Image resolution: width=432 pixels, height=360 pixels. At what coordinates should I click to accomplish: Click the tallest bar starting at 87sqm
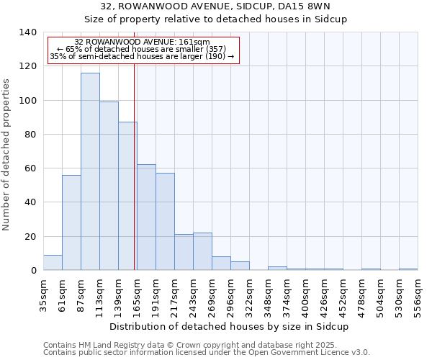click(x=90, y=171)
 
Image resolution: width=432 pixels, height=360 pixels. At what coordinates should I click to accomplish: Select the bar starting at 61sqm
click(x=71, y=222)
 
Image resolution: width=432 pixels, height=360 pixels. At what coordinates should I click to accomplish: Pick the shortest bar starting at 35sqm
click(x=53, y=263)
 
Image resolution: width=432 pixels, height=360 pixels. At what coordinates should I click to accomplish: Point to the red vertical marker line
click(x=134, y=166)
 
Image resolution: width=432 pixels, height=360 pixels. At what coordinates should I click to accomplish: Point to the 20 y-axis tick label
click(x=30, y=237)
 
